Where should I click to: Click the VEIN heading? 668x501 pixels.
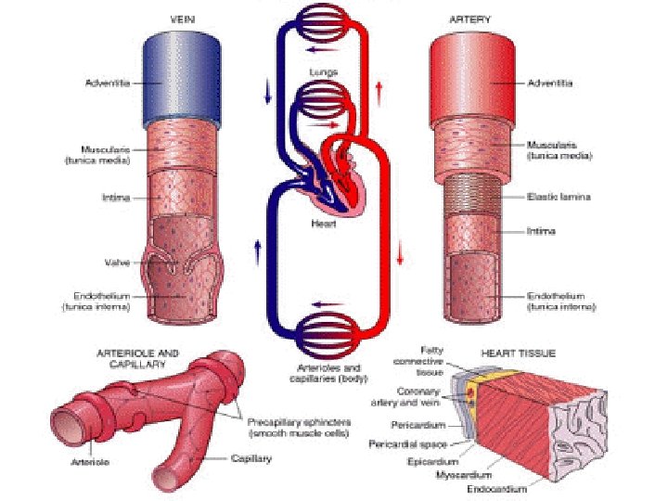(181, 18)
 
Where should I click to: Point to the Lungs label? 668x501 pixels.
(324, 71)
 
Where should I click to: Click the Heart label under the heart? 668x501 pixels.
(324, 224)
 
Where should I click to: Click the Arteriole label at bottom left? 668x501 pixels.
(85, 460)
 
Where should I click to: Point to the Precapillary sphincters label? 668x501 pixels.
(300, 427)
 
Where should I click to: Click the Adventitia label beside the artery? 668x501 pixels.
(550, 83)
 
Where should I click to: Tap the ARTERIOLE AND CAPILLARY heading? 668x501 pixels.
(138, 358)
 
